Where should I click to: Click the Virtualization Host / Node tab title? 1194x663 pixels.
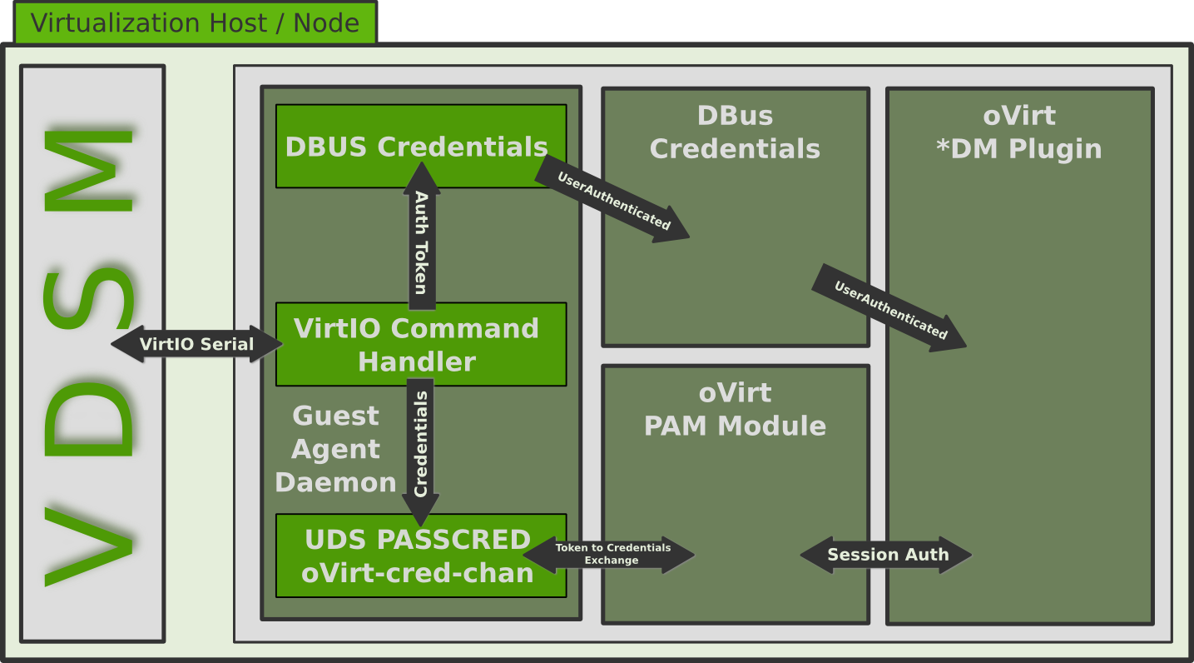pos(195,22)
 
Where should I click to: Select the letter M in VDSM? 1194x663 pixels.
pos(90,171)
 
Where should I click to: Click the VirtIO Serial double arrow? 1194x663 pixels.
pos(196,344)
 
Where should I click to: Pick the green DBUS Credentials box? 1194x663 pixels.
pos(421,147)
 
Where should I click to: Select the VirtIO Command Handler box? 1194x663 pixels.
pos(421,344)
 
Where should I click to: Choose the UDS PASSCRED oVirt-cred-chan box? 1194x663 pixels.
pos(421,556)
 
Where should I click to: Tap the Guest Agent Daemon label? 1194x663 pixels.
pos(336,449)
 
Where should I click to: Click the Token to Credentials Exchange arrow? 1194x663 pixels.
pos(612,555)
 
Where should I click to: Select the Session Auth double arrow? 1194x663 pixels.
pos(887,555)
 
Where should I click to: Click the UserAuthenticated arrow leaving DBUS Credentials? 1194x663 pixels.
pos(613,201)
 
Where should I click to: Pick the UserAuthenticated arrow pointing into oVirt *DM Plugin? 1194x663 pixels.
pos(889,309)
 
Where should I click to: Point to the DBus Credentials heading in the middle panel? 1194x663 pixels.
pos(735,132)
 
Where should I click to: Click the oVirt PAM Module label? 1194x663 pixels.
pos(735,410)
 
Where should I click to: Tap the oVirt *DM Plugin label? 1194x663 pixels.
pos(1019,132)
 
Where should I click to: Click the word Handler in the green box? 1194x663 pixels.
pos(417,362)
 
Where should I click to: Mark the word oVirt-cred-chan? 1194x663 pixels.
pos(418,573)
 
